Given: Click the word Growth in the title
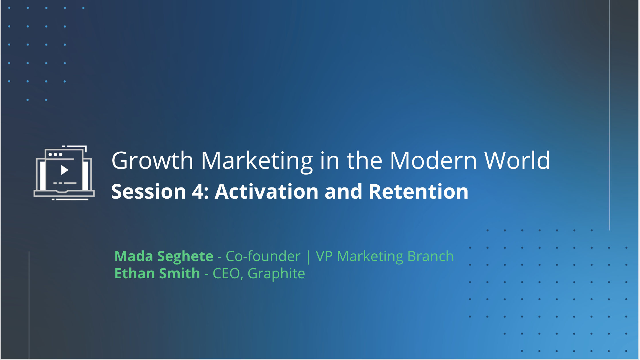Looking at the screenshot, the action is [152, 161].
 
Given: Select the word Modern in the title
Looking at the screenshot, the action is [433, 161].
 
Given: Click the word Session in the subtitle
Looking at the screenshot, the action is [149, 191].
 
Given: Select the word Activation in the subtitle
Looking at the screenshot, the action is [267, 191].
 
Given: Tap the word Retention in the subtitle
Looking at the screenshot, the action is [419, 191].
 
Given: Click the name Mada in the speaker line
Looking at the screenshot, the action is [134, 256].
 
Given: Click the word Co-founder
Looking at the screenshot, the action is [263, 256].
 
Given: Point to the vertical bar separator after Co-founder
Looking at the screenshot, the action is [308, 257].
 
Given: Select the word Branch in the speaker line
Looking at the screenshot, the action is [431, 256].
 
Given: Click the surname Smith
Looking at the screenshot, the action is [180, 273].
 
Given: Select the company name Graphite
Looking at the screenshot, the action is [276, 274].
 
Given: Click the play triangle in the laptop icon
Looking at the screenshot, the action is [64, 170].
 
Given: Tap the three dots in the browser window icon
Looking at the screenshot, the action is [55, 154].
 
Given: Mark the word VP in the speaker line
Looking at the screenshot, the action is [324, 256].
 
